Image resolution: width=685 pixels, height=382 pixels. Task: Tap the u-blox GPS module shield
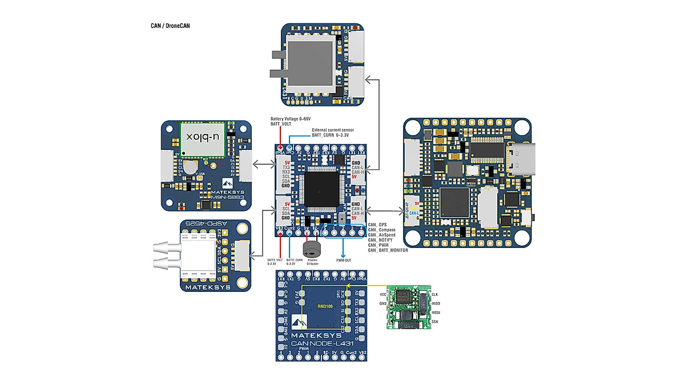point(202,138)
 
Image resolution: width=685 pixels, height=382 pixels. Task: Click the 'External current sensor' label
point(333,130)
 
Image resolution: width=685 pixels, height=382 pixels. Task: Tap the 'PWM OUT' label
point(343,261)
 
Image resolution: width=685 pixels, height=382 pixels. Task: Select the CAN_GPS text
point(378,225)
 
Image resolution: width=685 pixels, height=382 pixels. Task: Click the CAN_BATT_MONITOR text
point(388,250)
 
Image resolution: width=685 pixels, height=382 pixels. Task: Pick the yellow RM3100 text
point(324,307)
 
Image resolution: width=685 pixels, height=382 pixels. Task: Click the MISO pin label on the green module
point(436,303)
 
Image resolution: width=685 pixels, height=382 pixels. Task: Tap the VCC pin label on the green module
point(383,294)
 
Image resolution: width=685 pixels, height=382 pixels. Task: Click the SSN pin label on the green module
point(435,323)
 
